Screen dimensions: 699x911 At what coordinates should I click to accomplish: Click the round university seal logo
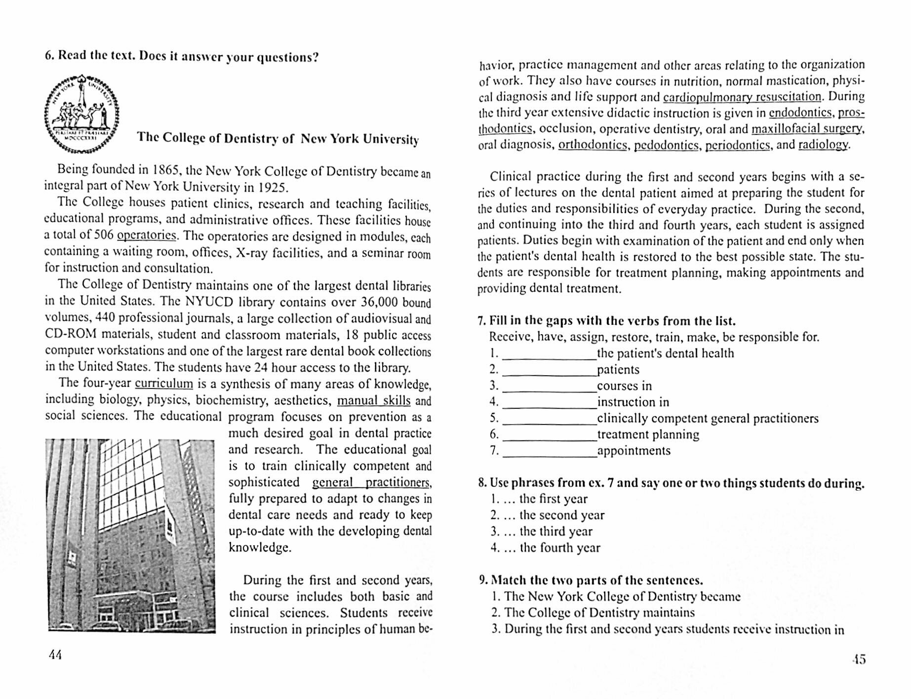(82, 113)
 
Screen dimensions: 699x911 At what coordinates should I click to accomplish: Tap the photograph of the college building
(131, 535)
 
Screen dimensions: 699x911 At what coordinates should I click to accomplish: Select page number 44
(55, 655)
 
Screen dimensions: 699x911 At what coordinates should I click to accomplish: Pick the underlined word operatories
(147, 235)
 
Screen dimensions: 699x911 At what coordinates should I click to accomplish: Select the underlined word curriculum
(163, 384)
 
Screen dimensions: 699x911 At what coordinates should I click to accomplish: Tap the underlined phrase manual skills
(373, 400)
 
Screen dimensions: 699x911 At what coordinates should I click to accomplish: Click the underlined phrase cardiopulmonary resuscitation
(742, 97)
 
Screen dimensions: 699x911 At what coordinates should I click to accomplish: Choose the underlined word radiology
(824, 145)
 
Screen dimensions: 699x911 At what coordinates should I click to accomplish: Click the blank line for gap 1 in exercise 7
(549, 355)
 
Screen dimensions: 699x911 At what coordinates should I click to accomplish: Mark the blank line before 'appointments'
(549, 452)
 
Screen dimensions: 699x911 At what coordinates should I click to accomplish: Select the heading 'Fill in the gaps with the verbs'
(607, 321)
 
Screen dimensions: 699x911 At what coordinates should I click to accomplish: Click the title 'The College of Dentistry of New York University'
(277, 139)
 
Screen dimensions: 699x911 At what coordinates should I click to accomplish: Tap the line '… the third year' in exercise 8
(542, 531)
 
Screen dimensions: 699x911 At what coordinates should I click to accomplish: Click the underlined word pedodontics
(666, 145)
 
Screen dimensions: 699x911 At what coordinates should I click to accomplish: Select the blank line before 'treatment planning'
(549, 436)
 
